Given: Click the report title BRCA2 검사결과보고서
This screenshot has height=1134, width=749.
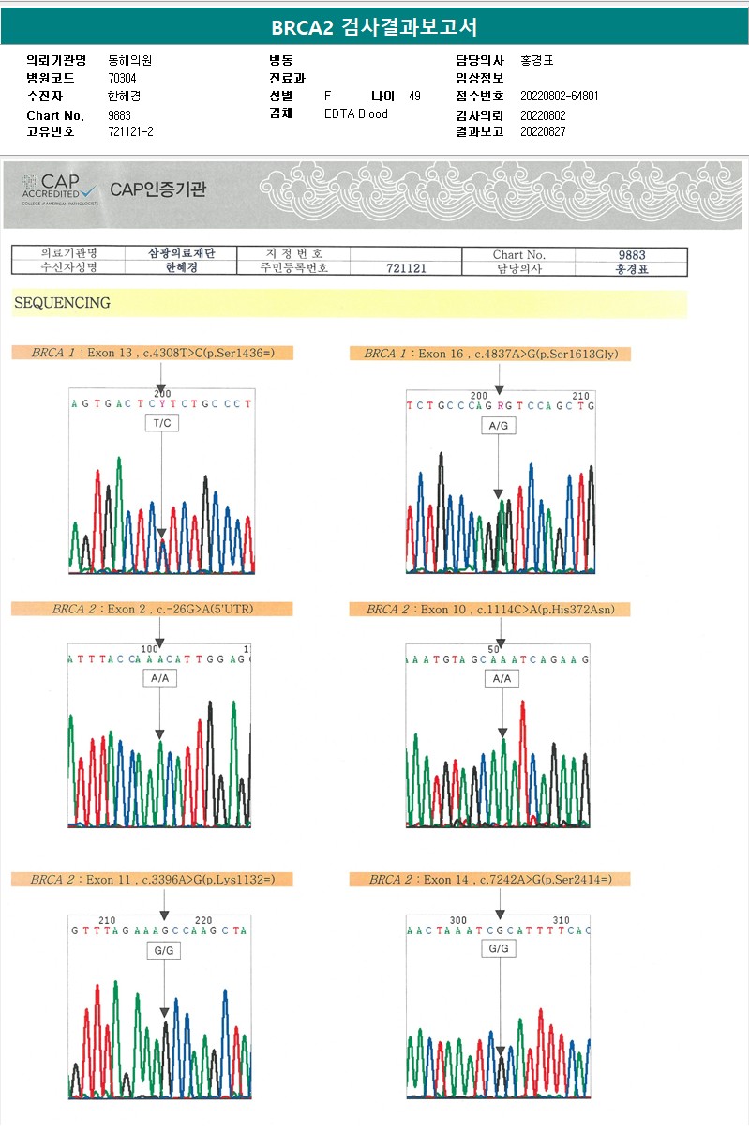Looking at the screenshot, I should [374, 26].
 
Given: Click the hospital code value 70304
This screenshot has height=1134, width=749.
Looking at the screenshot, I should [122, 78].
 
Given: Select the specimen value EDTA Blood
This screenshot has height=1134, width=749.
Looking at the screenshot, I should [355, 114].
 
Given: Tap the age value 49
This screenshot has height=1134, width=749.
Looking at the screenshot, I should [414, 96].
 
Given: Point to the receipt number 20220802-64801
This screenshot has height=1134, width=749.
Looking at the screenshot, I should [559, 96].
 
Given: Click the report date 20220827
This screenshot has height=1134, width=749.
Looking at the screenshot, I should [543, 131].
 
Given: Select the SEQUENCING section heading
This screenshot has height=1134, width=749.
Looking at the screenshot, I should [61, 303].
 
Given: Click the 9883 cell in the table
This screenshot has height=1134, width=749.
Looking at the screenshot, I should [632, 254].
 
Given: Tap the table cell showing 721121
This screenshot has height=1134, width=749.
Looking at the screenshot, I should [406, 268].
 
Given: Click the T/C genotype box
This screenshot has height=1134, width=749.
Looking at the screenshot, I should [161, 423].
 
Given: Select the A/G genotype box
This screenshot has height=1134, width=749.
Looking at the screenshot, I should [498, 425].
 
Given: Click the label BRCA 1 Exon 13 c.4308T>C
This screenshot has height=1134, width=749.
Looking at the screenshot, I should [153, 354].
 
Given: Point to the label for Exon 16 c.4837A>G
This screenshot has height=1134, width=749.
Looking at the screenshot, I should [490, 354].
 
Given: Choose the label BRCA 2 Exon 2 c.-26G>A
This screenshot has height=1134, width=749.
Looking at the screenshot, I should [153, 609].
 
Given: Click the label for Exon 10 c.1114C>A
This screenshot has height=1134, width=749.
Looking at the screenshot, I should [490, 610].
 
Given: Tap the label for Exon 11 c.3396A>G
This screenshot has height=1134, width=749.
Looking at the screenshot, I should [153, 879].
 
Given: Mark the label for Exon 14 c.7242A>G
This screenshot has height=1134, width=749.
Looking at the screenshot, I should [490, 879].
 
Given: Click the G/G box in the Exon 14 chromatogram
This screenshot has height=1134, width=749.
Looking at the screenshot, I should [499, 948].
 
